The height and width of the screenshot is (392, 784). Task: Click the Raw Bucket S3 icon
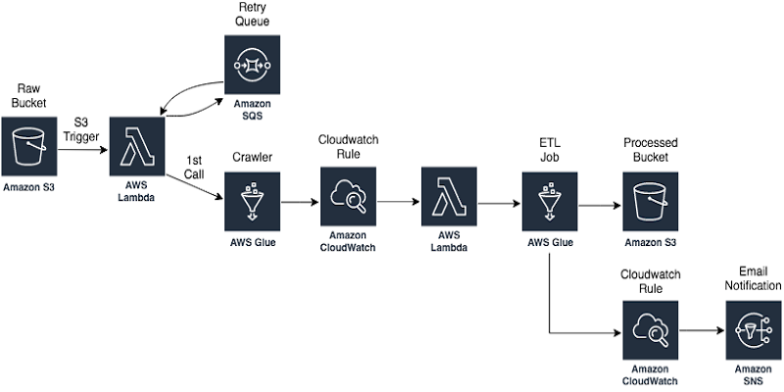pyautogui.click(x=29, y=147)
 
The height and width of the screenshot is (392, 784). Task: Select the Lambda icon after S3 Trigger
pyautogui.click(x=138, y=147)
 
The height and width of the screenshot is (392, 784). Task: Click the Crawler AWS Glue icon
pyautogui.click(x=252, y=201)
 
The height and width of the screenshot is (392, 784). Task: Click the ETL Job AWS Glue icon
pyautogui.click(x=551, y=201)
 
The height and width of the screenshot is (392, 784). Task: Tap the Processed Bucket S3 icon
pyautogui.click(x=650, y=201)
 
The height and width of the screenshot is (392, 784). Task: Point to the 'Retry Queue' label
pyautogui.click(x=252, y=15)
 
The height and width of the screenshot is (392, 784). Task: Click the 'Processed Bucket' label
pyautogui.click(x=650, y=151)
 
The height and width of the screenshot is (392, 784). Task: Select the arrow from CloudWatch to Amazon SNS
pyautogui.click(x=702, y=332)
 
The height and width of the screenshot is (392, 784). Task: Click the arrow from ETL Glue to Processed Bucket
pyautogui.click(x=600, y=206)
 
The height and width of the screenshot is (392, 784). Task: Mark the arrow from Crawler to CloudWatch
pyautogui.click(x=300, y=202)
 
